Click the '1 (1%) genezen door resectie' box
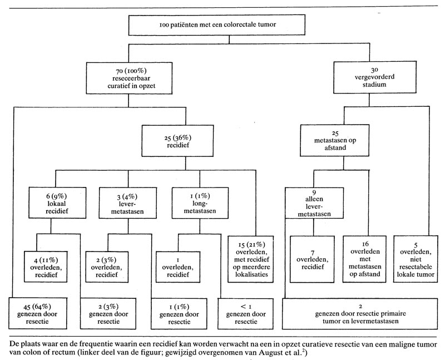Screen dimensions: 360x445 click(176, 314)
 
